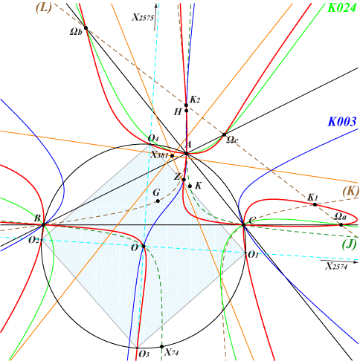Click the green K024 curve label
[x=342, y=8]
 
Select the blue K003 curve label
[x=342, y=122]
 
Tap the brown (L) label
[x=44, y=7]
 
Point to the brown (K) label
[x=351, y=192]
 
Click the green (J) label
[x=350, y=245]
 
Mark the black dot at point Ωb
[x=86, y=27]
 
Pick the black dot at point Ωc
[x=224, y=134]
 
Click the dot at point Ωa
[x=341, y=224]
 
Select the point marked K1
[x=315, y=204]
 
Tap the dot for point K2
[x=186, y=105]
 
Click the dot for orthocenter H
[x=186, y=111]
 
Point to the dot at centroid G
[x=158, y=201]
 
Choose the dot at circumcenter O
[x=144, y=246]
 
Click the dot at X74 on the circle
[x=161, y=346]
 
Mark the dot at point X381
[x=172, y=156]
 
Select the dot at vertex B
[x=44, y=224]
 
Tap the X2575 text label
[x=143, y=18]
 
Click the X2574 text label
[x=336, y=266]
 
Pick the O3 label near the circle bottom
[x=144, y=354]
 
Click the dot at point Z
[x=184, y=180]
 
